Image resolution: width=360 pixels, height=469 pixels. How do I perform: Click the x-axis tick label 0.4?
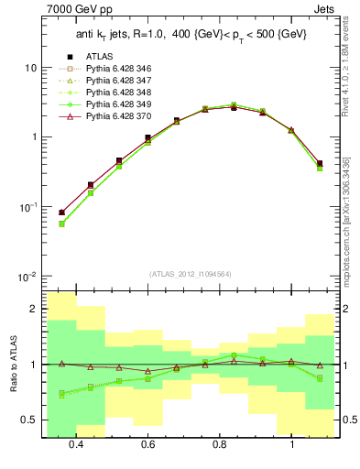pyautogui.click(x=76, y=445)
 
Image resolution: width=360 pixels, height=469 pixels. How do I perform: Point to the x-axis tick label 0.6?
pyautogui.click(x=147, y=445)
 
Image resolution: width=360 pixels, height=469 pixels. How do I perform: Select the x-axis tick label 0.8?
pyautogui.click(x=220, y=445)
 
